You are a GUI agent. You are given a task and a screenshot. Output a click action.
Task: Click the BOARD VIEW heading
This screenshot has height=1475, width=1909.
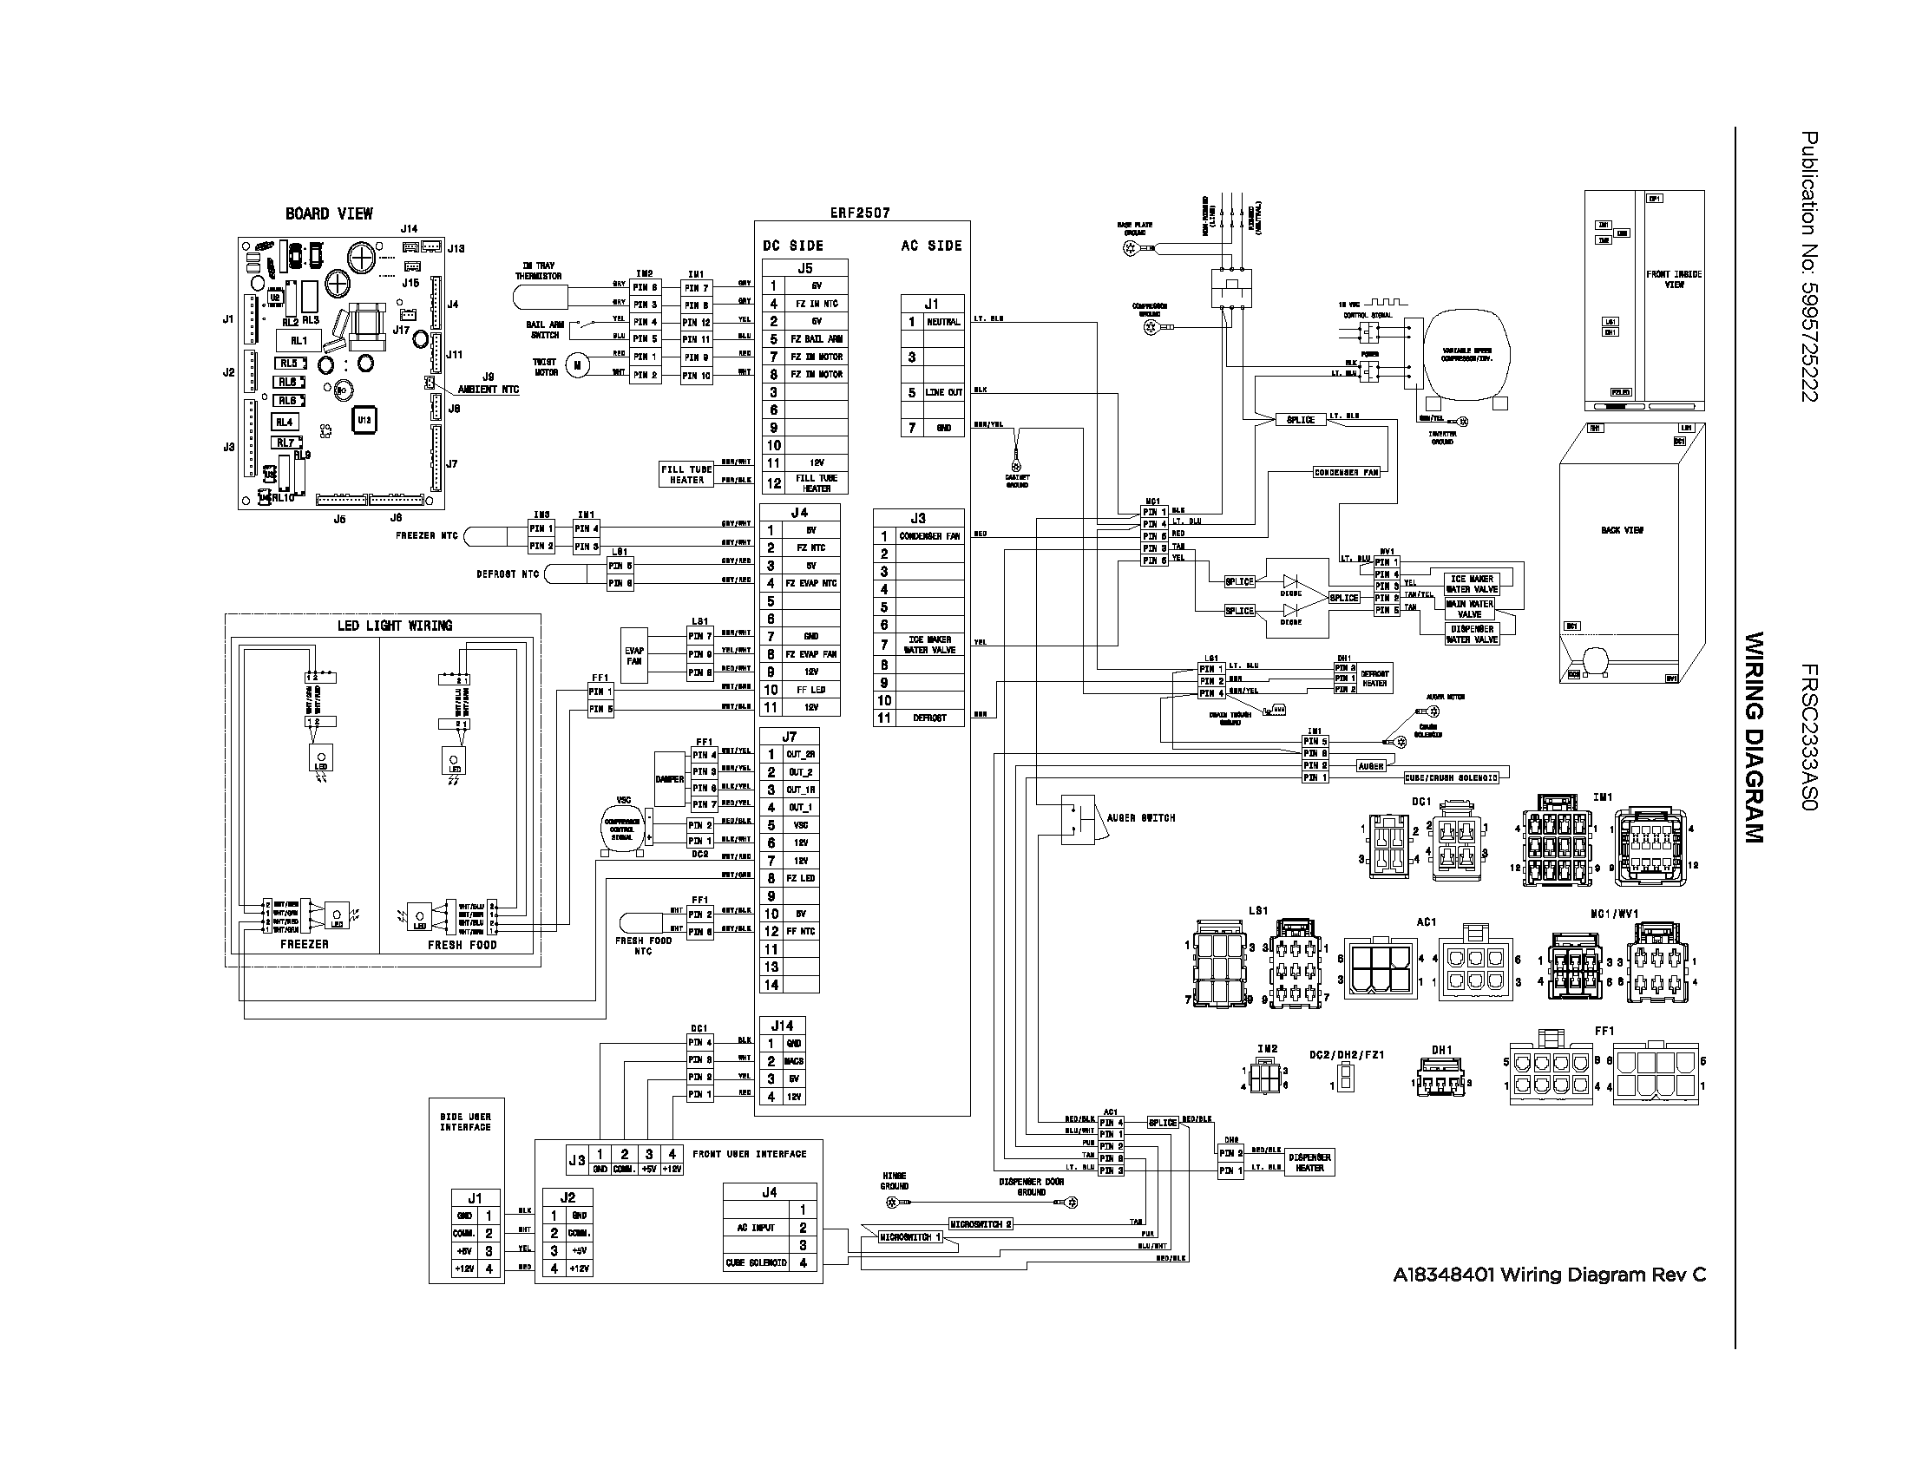[329, 214]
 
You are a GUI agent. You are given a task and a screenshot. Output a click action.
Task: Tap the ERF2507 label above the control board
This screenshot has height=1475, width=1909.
[860, 213]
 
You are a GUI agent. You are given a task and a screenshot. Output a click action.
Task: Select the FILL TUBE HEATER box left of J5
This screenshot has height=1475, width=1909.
[686, 475]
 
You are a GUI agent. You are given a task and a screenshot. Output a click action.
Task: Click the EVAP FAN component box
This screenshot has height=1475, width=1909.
[633, 655]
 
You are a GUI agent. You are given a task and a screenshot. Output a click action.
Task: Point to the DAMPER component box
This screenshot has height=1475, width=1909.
[670, 778]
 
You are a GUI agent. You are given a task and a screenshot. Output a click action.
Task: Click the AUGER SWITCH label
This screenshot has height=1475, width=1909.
[1141, 818]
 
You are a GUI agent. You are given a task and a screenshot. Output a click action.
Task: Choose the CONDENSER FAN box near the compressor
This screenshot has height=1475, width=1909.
[1346, 473]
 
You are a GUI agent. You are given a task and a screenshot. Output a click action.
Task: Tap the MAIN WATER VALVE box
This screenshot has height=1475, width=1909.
[1470, 608]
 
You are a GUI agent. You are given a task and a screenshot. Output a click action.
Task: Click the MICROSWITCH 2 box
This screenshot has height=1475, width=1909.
[981, 1224]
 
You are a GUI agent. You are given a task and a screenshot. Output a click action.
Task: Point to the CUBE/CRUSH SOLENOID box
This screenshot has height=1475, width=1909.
[1451, 777]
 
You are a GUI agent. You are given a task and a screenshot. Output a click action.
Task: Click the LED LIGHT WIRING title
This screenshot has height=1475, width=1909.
[395, 626]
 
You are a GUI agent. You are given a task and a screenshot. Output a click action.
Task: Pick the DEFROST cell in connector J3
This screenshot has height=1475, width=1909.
[930, 718]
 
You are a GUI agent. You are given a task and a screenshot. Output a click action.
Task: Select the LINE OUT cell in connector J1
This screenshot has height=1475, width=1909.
[943, 392]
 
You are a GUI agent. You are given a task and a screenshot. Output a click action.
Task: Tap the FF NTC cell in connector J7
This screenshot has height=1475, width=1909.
[801, 932]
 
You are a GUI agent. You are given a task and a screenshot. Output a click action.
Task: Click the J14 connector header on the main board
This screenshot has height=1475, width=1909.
[782, 1026]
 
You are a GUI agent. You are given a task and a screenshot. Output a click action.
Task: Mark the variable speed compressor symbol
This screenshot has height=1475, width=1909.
[1466, 353]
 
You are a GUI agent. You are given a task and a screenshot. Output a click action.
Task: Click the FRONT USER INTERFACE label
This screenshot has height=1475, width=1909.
[749, 1154]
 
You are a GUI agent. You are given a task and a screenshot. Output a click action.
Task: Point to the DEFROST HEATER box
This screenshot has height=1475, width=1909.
[1374, 678]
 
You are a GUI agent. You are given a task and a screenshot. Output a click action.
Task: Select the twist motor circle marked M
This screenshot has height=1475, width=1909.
[577, 365]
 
